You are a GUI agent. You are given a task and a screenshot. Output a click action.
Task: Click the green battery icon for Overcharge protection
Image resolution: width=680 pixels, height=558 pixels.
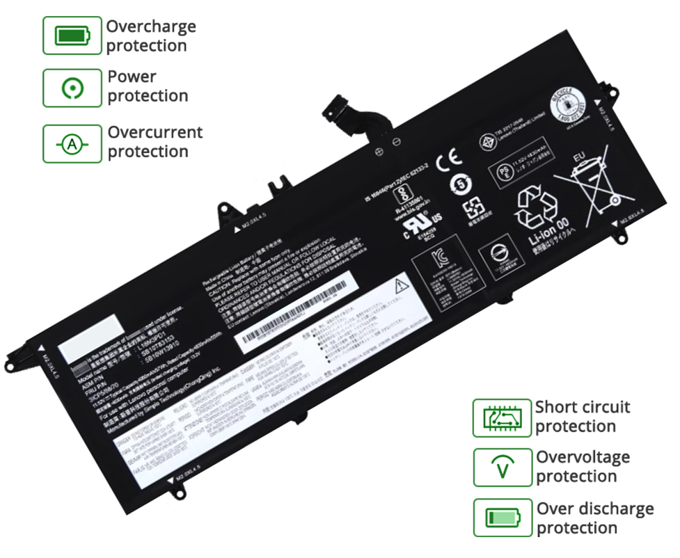click(72, 35)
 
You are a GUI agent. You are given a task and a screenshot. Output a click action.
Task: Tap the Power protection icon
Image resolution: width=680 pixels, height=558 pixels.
click(72, 88)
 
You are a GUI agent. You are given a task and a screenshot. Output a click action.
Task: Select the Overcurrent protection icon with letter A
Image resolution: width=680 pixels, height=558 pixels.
click(72, 144)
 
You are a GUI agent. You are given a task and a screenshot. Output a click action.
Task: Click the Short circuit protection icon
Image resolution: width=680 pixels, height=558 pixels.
click(502, 417)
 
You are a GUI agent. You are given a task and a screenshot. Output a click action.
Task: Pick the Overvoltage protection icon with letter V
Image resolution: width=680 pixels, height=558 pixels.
click(502, 468)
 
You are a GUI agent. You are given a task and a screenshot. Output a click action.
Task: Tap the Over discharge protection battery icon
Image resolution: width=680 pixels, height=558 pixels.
click(502, 518)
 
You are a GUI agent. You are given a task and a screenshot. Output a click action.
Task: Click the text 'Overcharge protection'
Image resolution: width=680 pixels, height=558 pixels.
click(150, 36)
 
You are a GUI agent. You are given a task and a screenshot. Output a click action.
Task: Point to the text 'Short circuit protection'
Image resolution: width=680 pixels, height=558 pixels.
click(582, 417)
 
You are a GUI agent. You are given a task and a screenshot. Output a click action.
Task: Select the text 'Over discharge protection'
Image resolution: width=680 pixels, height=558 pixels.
click(594, 518)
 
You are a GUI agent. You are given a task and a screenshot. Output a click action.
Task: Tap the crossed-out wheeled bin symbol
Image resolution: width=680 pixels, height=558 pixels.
click(587, 182)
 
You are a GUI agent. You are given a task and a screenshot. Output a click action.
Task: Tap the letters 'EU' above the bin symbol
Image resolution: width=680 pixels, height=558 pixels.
click(579, 159)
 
